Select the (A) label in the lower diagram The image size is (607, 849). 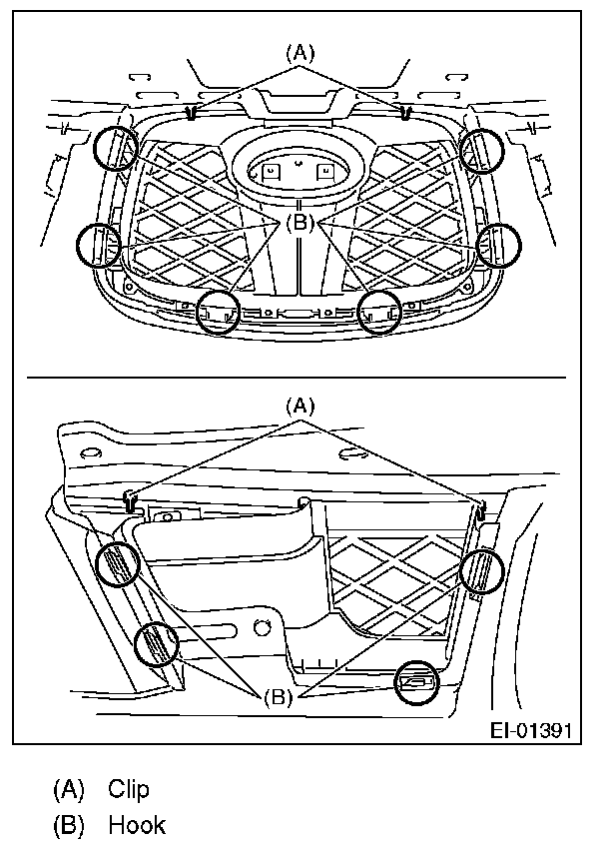click(300, 406)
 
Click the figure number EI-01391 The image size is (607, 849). click(529, 730)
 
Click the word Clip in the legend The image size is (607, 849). click(129, 789)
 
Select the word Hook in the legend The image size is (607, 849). click(136, 825)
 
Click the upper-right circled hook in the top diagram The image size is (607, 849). click(481, 151)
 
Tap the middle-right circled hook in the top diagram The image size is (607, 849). click(498, 244)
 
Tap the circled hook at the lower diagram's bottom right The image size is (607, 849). click(417, 683)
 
